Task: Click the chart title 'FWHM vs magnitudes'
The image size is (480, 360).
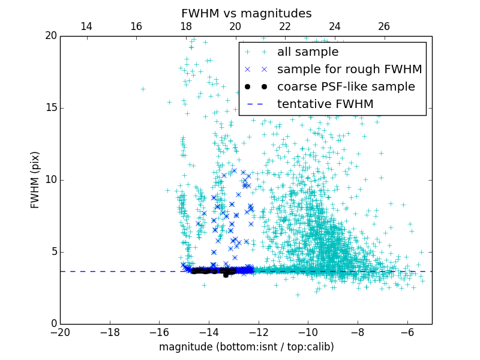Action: pos(246,13)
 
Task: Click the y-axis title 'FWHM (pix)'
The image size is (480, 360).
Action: pos(35,179)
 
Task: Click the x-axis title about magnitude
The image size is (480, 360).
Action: pos(246,347)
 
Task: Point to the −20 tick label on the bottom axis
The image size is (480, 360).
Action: pos(60,332)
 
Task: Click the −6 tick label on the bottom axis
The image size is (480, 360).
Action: pos(407,332)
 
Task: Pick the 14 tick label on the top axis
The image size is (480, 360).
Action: pos(86,26)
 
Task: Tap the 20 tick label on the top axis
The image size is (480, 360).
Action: pos(235,26)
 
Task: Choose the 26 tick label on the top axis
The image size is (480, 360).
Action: pos(384,26)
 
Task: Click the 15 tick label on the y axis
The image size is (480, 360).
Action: pos(50,108)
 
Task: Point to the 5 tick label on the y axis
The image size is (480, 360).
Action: pos(53,252)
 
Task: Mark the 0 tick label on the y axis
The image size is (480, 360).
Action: pos(53,324)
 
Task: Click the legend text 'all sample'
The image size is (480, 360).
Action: pos(308,52)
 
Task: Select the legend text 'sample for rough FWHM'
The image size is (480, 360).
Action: pos(349,70)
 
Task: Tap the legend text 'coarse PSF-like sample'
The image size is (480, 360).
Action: pos(346,87)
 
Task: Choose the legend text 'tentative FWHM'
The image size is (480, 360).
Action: pos(325,104)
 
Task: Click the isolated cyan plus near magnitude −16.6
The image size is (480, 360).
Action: pos(143,89)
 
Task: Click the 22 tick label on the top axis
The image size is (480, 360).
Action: pos(285,26)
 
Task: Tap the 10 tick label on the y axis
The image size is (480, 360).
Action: pos(50,180)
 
